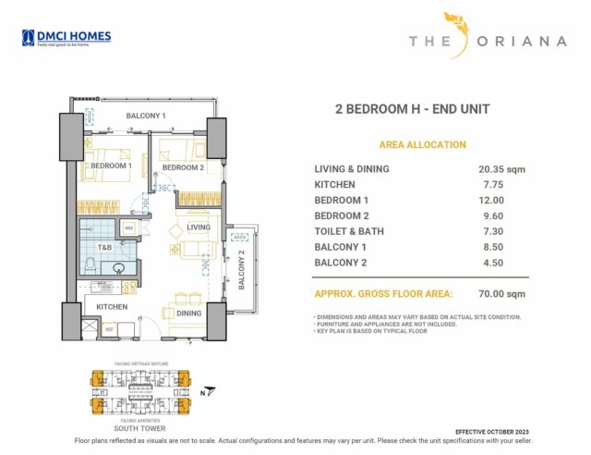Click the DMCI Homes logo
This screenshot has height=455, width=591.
click(66, 38)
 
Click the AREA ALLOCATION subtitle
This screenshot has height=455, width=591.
click(422, 145)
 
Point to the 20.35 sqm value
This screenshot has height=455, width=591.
click(502, 169)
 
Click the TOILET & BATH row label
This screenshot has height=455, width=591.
click(348, 231)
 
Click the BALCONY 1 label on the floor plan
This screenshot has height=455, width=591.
click(146, 117)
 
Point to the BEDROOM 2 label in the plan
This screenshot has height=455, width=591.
click(183, 167)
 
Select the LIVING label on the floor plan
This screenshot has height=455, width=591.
click(199, 227)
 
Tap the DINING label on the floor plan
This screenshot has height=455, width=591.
click(188, 313)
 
